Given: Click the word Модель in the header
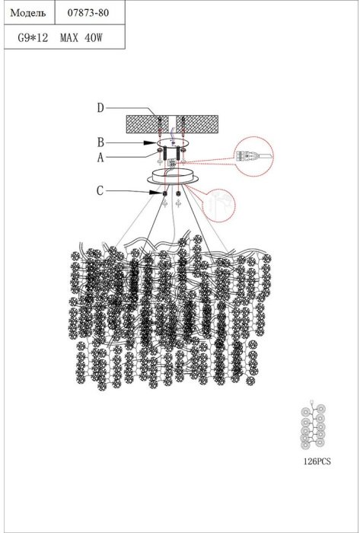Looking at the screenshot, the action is (28, 13).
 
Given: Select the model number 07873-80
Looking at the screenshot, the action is (88, 13).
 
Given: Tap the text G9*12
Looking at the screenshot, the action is (33, 38).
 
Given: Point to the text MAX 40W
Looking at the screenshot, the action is (81, 38).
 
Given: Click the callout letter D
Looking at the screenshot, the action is (100, 108).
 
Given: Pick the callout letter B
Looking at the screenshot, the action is (100, 143).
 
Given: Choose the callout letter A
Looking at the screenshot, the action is (100, 158).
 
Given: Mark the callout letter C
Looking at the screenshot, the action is (100, 191).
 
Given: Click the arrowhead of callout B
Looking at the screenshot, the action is (150, 143).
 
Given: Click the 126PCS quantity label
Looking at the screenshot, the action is (317, 461).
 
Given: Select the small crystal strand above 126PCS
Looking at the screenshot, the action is (313, 425).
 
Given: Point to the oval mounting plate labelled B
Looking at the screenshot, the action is (172, 143).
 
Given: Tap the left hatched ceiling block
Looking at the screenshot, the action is (148, 124).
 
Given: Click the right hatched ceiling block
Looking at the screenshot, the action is (197, 124).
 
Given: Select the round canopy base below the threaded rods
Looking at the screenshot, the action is (173, 177).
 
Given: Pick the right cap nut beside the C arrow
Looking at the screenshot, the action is (178, 193).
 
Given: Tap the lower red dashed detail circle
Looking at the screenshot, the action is (218, 206).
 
